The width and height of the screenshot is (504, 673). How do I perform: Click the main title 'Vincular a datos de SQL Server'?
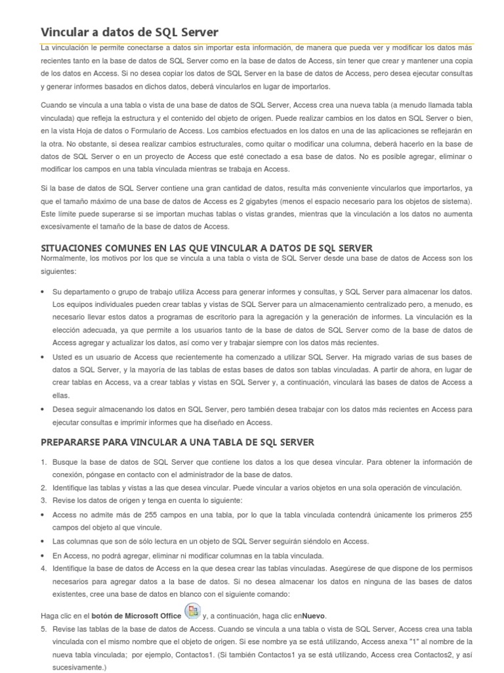tap(130, 32)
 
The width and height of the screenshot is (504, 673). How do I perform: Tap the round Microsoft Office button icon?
tap(193, 613)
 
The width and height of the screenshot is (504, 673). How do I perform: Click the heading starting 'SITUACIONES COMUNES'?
tap(207, 248)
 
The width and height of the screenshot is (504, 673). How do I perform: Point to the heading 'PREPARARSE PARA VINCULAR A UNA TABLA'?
tap(177, 442)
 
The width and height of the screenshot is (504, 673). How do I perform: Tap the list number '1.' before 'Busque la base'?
tap(43, 462)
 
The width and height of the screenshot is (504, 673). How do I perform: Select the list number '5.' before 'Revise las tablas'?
tap(43, 629)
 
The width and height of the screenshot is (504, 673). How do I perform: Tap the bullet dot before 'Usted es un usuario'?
tap(43, 357)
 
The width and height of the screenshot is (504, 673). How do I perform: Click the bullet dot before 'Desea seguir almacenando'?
tap(43, 409)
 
